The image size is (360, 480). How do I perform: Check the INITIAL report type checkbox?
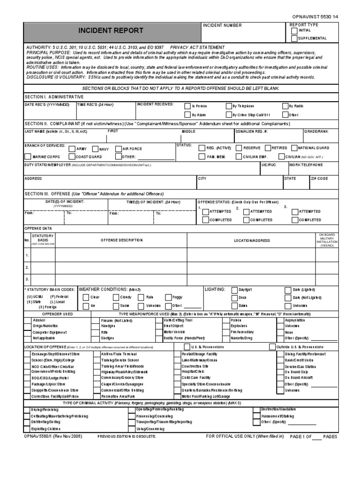[x=294, y=31]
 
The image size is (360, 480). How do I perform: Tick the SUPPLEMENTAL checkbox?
[x=294, y=38]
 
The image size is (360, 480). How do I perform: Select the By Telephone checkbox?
[x=228, y=106]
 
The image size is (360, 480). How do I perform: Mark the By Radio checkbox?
[x=284, y=106]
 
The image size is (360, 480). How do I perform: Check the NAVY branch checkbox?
[x=95, y=149]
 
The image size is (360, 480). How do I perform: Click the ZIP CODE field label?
[x=320, y=179]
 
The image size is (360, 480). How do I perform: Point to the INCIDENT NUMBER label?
[x=222, y=25]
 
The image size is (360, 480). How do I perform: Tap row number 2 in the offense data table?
[x=27, y=267]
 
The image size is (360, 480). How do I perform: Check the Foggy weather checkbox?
[x=168, y=297]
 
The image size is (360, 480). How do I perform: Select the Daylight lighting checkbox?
[x=234, y=290]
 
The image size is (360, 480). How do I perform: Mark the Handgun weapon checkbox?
[x=97, y=326]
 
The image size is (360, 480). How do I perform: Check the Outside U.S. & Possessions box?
[x=272, y=347]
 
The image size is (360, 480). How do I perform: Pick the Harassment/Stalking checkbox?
[x=257, y=416]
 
